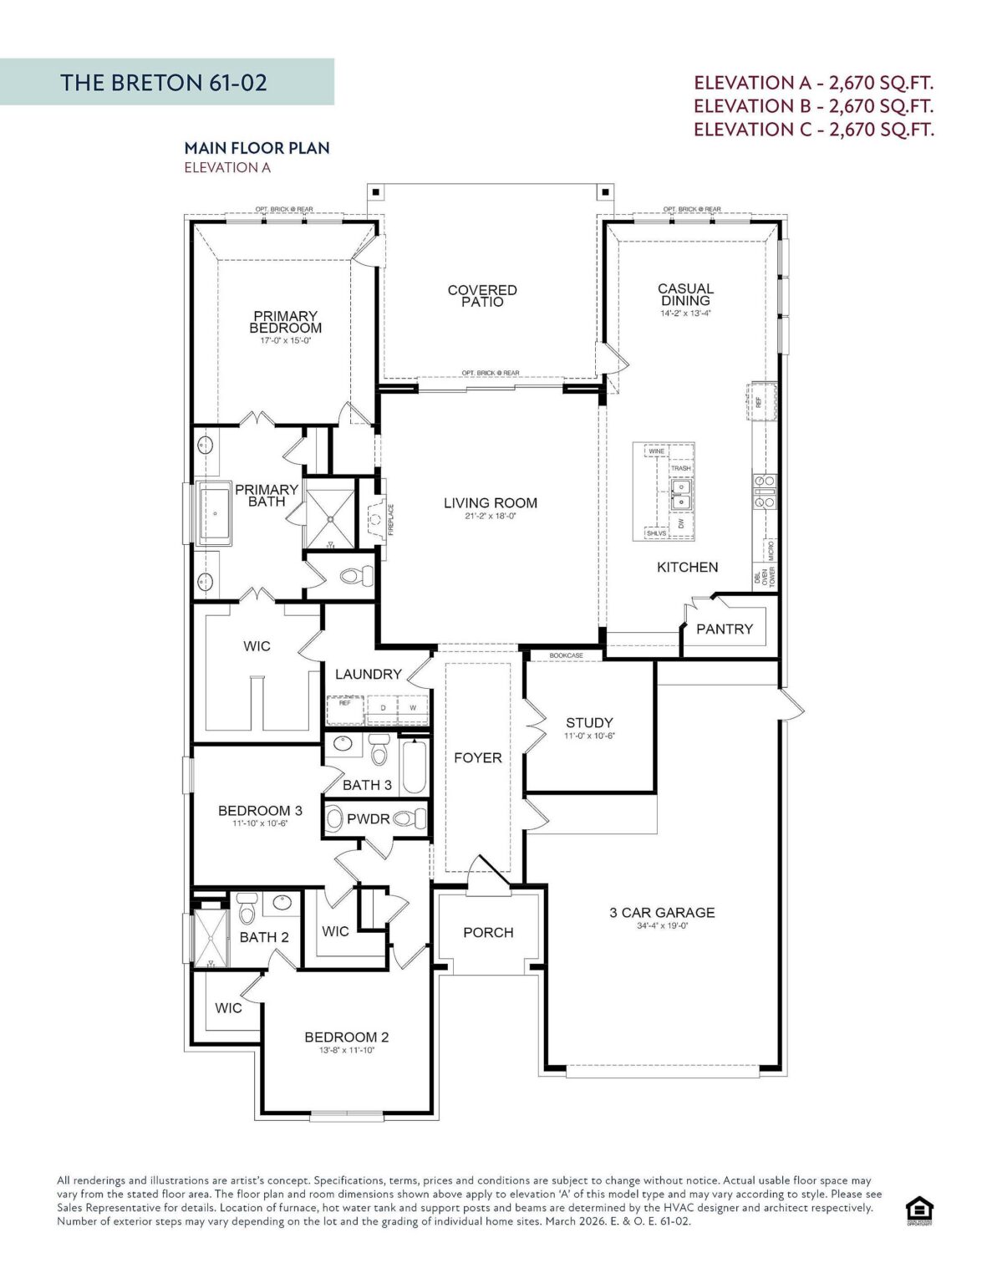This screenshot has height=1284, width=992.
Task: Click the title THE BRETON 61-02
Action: click(x=164, y=82)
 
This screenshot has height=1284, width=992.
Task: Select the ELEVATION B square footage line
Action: click(x=813, y=106)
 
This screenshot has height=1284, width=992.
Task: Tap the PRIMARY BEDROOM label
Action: click(x=285, y=322)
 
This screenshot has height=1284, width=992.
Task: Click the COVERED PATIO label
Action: click(x=482, y=296)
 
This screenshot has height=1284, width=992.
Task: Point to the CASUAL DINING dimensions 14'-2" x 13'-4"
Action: click(x=685, y=313)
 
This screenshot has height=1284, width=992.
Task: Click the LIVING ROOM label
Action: click(x=490, y=503)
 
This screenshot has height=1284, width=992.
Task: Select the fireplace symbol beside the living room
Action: click(x=375, y=518)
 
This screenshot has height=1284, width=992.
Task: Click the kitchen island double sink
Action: click(x=681, y=494)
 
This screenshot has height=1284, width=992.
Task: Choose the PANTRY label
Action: click(x=724, y=629)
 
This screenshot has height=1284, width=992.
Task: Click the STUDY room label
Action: click(x=589, y=722)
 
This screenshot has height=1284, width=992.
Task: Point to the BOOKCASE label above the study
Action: click(x=566, y=655)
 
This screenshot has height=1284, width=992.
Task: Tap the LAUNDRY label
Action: click(x=368, y=674)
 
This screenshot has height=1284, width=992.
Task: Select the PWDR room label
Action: click(x=368, y=819)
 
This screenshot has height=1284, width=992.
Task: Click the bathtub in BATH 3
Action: click(x=414, y=768)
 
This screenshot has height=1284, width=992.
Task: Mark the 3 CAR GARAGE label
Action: click(x=662, y=912)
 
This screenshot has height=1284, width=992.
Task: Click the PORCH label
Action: click(x=488, y=932)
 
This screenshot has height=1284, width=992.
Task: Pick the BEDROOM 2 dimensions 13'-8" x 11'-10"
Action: click(x=346, y=1051)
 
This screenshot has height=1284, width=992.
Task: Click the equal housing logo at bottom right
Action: click(x=919, y=1210)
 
